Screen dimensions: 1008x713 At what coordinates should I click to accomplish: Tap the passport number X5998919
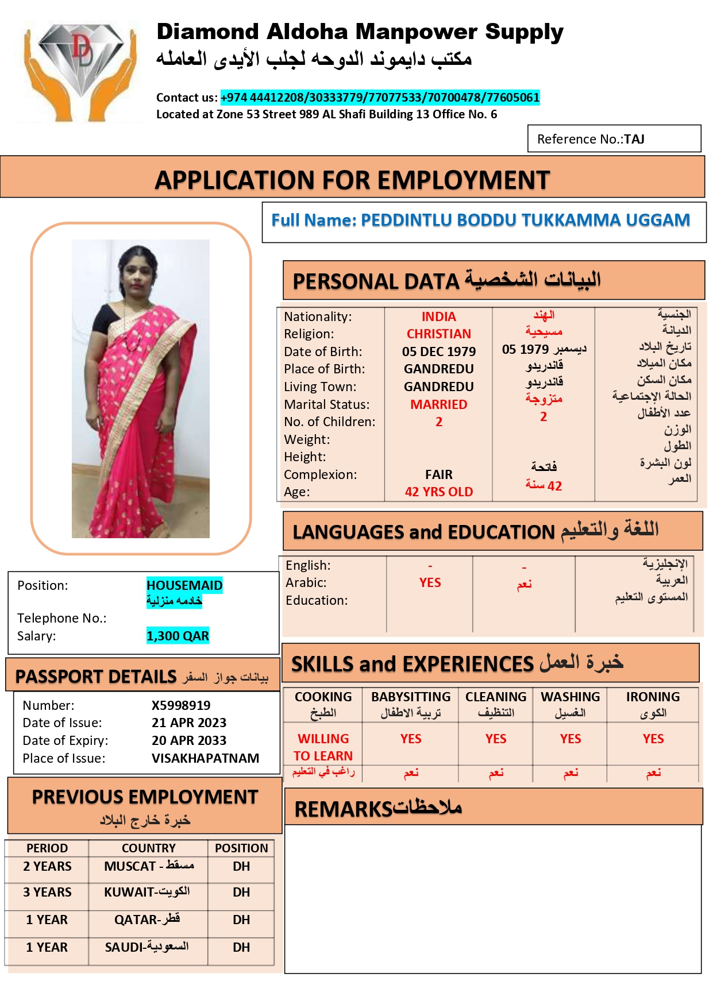point(181,705)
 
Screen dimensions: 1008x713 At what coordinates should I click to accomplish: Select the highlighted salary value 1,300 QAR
point(178,636)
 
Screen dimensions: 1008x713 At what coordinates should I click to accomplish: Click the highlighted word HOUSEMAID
point(184,585)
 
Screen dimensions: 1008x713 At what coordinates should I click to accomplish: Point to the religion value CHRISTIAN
point(438,334)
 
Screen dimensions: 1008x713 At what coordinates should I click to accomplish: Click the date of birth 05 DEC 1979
point(438,352)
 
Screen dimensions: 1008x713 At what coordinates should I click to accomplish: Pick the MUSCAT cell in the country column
point(148,866)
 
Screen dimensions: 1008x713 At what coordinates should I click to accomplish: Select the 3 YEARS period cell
point(47,892)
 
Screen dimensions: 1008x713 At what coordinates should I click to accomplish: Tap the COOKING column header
point(323,697)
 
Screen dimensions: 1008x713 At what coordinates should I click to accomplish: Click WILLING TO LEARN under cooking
point(323,747)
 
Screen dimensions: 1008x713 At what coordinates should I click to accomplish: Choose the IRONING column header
point(653,697)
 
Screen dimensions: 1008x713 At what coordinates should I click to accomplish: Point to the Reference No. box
point(614,139)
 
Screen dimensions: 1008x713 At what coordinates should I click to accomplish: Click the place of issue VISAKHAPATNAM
point(205,758)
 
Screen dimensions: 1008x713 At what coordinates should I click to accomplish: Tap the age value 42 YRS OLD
point(438,492)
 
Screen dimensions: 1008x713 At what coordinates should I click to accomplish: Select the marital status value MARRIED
point(438,404)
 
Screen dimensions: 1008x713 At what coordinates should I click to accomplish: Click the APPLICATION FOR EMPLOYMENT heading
point(352,180)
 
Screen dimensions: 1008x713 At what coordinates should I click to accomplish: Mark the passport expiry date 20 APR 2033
point(189,740)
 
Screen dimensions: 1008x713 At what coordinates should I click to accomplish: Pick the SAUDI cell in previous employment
point(147,947)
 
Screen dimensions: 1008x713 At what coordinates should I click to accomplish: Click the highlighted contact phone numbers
point(380,98)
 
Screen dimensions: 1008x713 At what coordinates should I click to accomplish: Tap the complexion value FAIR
point(438,474)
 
